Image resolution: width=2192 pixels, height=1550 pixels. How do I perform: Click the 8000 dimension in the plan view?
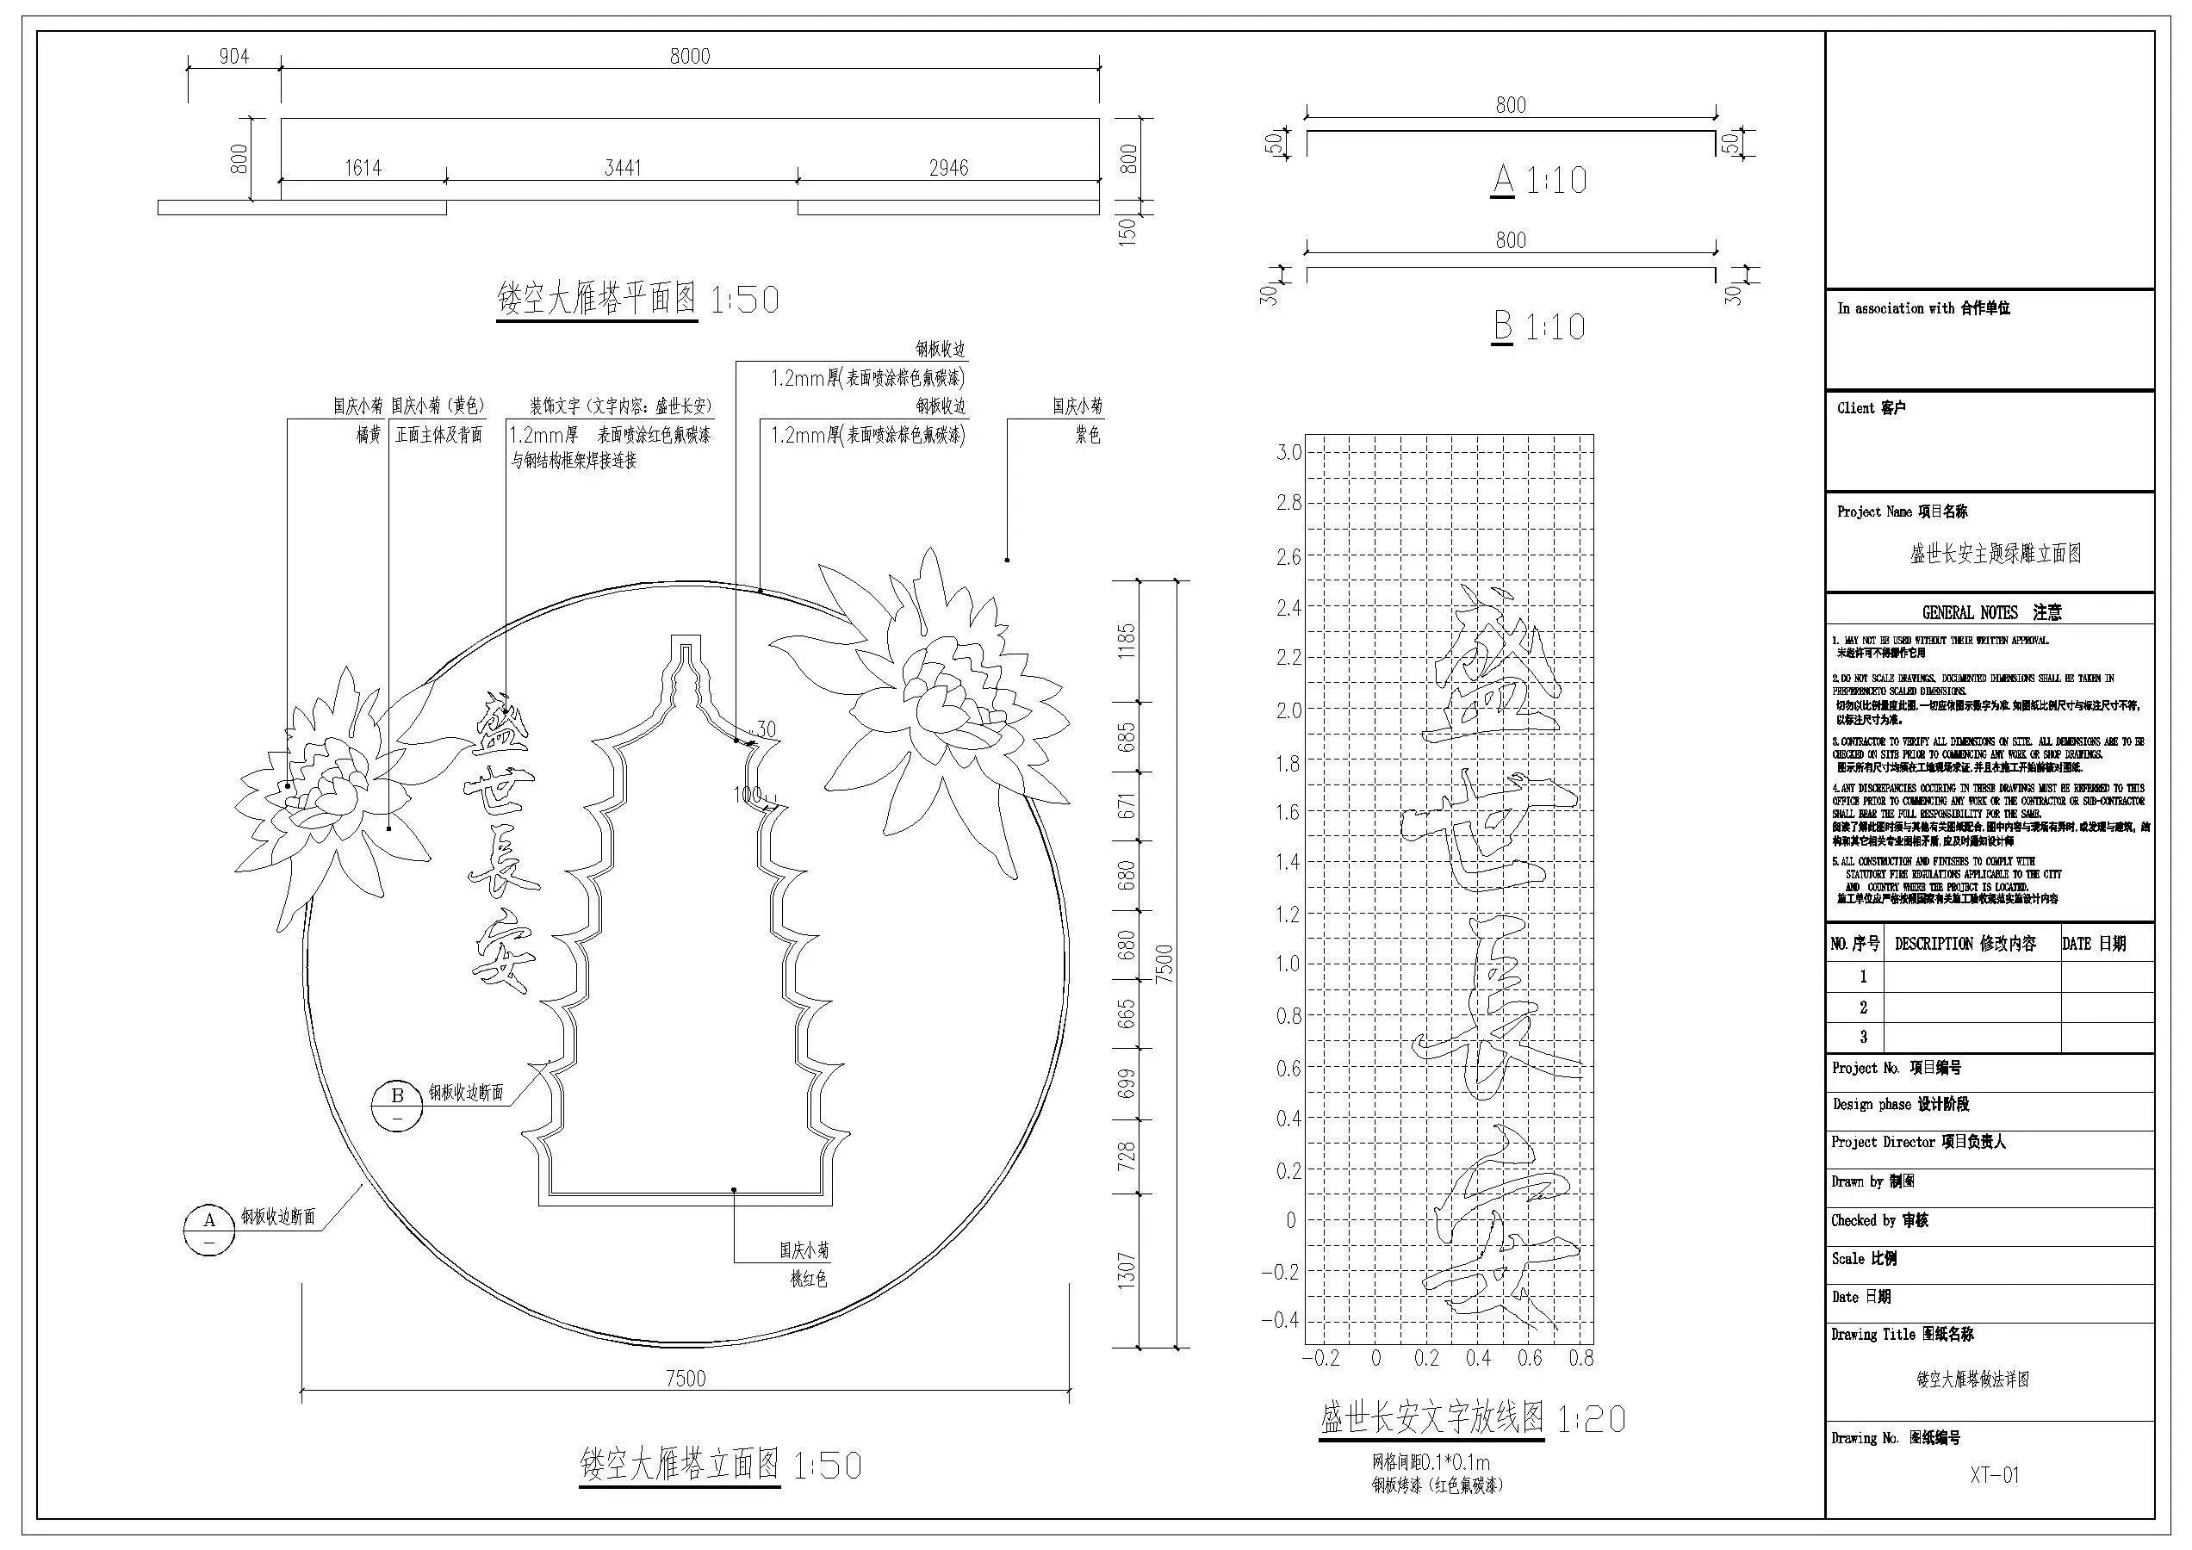pyautogui.click(x=689, y=56)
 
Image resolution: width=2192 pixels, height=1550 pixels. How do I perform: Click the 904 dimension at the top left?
pyautogui.click(x=234, y=56)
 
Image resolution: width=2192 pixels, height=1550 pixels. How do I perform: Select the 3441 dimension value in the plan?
pyautogui.click(x=623, y=168)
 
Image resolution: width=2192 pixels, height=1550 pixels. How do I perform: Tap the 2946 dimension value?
pyautogui.click(x=948, y=168)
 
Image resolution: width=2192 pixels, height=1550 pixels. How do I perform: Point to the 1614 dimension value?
pyautogui.click(x=363, y=168)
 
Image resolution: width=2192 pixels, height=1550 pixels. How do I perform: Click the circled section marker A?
pyautogui.click(x=209, y=1230)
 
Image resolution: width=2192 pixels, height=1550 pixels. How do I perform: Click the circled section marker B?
pyautogui.click(x=397, y=1105)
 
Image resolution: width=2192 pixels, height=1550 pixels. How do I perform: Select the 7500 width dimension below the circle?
pyautogui.click(x=686, y=1378)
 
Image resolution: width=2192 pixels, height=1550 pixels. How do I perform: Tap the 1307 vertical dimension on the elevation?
pyautogui.click(x=1127, y=1270)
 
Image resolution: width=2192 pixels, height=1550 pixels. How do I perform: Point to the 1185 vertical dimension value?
pyautogui.click(x=1127, y=641)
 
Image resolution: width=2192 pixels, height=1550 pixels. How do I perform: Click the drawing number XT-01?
pyautogui.click(x=1995, y=1474)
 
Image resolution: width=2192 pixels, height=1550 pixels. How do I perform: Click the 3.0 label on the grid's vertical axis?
pyautogui.click(x=1288, y=452)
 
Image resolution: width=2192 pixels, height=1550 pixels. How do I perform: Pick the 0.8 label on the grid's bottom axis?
pyautogui.click(x=1581, y=1358)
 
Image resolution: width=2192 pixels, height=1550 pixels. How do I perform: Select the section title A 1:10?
pyautogui.click(x=1539, y=179)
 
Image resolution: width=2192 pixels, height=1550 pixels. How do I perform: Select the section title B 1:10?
pyautogui.click(x=1539, y=326)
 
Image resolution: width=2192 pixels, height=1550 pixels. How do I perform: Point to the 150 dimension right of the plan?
pyautogui.click(x=1127, y=231)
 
